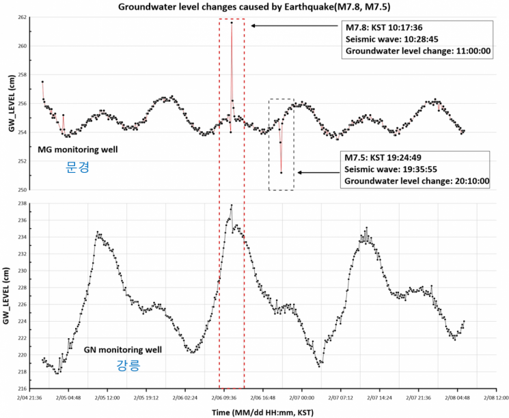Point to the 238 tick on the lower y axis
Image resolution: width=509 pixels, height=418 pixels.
[x=24, y=204]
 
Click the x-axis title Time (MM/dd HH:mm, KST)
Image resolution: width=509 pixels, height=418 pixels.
[x=262, y=412]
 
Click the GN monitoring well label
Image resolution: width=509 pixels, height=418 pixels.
[x=123, y=350]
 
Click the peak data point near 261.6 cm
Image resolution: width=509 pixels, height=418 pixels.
[x=232, y=23]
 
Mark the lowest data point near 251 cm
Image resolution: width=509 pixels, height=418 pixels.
[x=281, y=173]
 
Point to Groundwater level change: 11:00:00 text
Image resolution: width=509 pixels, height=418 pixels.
[x=418, y=51]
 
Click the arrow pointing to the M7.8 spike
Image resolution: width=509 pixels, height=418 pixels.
[x=294, y=25]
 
